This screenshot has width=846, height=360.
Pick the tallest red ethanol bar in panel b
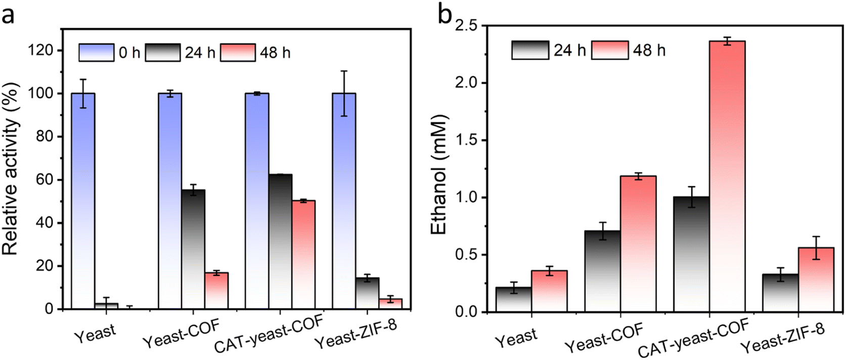727,176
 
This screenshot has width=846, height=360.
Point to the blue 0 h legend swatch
96,53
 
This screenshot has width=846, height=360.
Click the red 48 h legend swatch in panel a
238,53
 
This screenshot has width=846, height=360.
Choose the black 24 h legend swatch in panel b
529,51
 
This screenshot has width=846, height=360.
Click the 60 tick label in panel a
50,180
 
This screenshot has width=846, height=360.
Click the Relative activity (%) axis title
11,169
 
